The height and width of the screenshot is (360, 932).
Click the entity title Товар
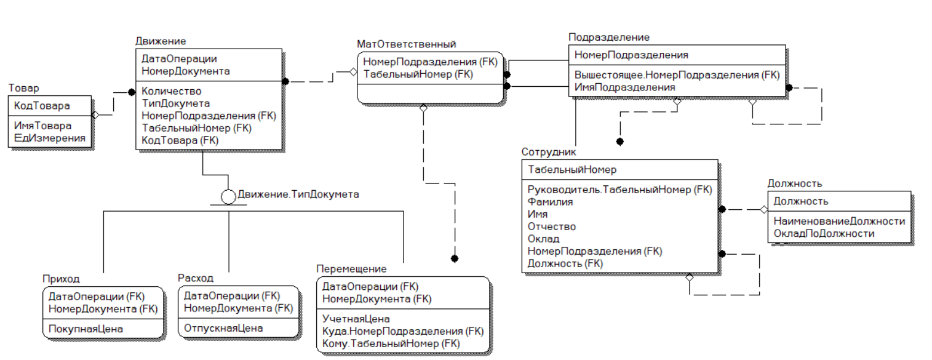[24, 88]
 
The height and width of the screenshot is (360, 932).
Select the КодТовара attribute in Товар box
[42, 106]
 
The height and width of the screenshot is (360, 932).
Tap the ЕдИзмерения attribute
[49, 138]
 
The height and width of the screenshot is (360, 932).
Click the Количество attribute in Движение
[172, 91]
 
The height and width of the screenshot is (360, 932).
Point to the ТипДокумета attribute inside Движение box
[175, 103]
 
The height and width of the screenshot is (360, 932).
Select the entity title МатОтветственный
[407, 44]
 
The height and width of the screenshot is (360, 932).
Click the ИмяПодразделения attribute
[624, 87]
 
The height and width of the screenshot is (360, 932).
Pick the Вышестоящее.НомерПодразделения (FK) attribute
[677, 75]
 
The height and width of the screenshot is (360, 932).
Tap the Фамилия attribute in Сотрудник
[550, 202]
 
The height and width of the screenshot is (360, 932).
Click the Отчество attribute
[552, 227]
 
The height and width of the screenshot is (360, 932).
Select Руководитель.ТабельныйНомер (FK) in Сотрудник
[620, 190]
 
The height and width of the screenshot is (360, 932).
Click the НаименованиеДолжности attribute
[839, 222]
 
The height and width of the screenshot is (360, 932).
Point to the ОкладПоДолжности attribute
[824, 234]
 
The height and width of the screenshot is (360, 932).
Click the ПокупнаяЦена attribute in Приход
[86, 329]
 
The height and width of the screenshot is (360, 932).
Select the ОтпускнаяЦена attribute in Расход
[223, 329]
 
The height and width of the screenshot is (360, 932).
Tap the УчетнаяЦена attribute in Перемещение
[356, 319]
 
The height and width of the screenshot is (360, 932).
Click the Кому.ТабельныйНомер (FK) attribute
[391, 344]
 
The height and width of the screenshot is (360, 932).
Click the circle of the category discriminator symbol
[228, 197]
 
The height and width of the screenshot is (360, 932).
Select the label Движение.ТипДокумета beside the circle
[298, 194]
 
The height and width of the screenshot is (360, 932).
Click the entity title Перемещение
[352, 269]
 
